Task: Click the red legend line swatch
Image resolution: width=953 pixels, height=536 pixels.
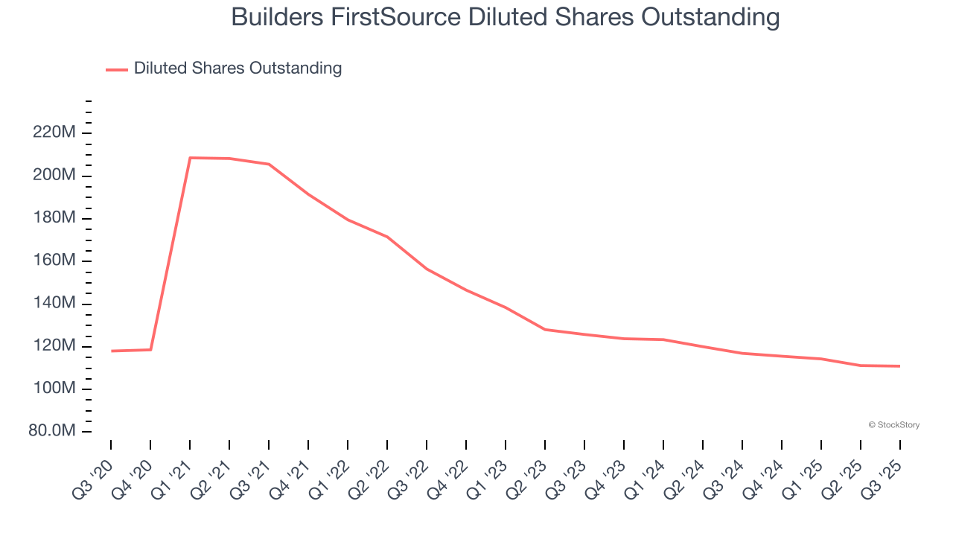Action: pos(117,69)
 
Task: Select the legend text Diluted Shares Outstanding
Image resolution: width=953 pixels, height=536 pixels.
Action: pos(238,68)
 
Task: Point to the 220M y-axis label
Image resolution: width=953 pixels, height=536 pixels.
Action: pos(53,133)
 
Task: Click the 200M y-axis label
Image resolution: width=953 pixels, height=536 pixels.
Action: pos(53,176)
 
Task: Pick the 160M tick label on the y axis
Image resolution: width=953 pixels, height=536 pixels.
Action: pos(53,261)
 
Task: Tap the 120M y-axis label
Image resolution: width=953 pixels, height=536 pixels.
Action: pos(53,346)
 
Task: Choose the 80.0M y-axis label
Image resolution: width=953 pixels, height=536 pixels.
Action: pos(50,432)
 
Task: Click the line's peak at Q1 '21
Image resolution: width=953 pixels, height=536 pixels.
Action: pos(190,158)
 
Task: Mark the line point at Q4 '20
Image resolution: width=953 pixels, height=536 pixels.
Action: pos(150,350)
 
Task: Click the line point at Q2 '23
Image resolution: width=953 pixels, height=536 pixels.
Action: pos(545,329)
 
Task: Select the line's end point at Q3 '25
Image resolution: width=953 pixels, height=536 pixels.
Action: pos(899,366)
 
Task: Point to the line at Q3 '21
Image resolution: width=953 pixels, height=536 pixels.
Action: pos(269,165)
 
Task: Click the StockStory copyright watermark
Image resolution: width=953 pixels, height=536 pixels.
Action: pos(893,425)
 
